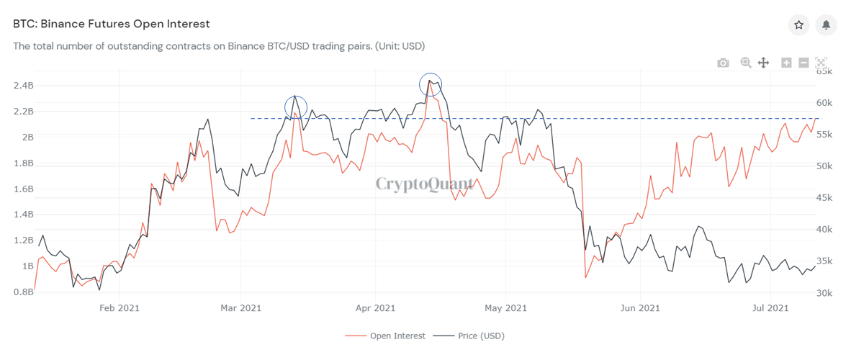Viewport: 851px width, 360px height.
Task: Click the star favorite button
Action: coord(798,24)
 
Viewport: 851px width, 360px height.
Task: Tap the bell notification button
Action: coord(826,24)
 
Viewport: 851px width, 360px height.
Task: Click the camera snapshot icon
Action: coord(723,63)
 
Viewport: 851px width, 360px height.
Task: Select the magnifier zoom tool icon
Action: coord(746,63)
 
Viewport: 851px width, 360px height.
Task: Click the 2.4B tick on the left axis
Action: coord(23,86)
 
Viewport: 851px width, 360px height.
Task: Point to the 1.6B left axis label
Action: coord(23,189)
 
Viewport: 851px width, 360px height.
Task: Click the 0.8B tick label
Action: coord(23,292)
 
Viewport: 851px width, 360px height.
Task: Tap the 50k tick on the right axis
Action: coord(824,166)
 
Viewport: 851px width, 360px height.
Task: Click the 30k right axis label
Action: coord(824,293)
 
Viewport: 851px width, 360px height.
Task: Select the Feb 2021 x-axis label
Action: coord(119,308)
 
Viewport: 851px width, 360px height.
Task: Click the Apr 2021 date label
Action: coord(375,308)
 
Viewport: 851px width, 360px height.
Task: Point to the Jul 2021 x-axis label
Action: coord(771,308)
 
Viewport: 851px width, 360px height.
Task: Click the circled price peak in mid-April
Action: coord(431,85)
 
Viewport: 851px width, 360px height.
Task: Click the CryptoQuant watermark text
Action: coord(425,184)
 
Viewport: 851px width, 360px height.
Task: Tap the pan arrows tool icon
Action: coord(763,63)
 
